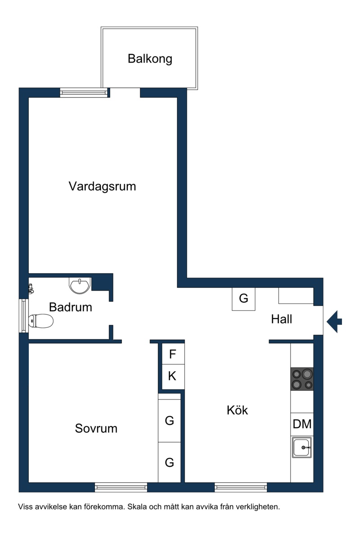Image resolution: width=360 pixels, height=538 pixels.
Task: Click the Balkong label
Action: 150,58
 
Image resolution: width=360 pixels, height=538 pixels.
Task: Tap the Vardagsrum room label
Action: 102,186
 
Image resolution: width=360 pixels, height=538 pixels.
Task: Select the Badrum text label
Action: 71,307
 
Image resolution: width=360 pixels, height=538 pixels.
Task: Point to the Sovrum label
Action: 96,428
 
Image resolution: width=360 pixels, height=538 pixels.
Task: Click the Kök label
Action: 237,410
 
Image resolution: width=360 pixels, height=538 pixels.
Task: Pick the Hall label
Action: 281,319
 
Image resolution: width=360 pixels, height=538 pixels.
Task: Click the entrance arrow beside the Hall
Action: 334,322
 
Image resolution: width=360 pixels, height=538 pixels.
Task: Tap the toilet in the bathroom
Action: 41,321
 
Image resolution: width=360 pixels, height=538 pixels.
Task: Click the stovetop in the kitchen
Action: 302,379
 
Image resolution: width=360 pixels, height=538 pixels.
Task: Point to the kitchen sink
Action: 302,448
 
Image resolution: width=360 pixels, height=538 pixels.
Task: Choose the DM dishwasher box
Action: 302,424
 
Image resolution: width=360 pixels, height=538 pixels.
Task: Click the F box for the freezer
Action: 173,354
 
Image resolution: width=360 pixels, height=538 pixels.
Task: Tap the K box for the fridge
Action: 173,377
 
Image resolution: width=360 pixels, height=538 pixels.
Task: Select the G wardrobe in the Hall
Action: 243,299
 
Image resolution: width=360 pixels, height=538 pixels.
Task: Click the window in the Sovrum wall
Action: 121,487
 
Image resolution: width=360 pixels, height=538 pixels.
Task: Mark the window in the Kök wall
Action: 241,487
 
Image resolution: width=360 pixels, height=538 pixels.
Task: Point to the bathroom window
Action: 23,316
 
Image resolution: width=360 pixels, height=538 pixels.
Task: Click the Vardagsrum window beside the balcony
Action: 84,93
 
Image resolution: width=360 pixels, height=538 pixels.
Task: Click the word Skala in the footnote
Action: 136,507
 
